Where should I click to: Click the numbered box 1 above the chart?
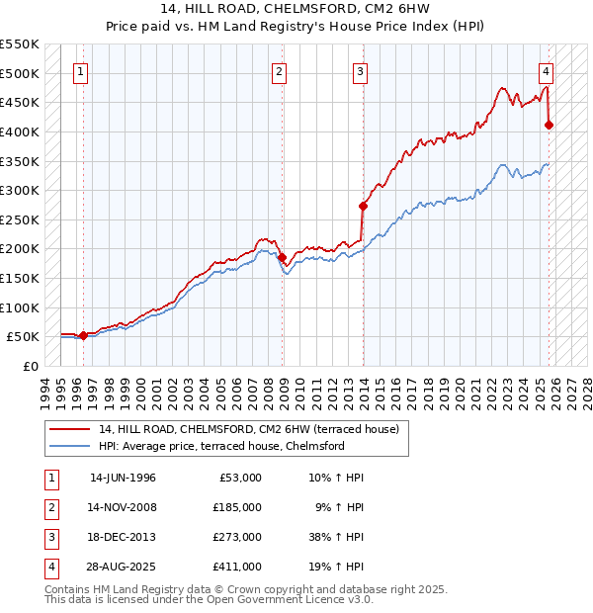click(x=80, y=71)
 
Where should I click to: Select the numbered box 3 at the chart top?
click(x=361, y=71)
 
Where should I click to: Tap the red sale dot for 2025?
click(x=549, y=125)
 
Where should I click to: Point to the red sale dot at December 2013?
click(x=363, y=206)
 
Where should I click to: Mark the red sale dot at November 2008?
click(x=282, y=257)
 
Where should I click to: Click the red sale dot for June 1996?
click(x=83, y=335)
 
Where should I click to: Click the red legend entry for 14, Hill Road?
click(x=248, y=429)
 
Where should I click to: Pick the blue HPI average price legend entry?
click(x=220, y=446)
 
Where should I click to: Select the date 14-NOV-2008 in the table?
click(x=123, y=506)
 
